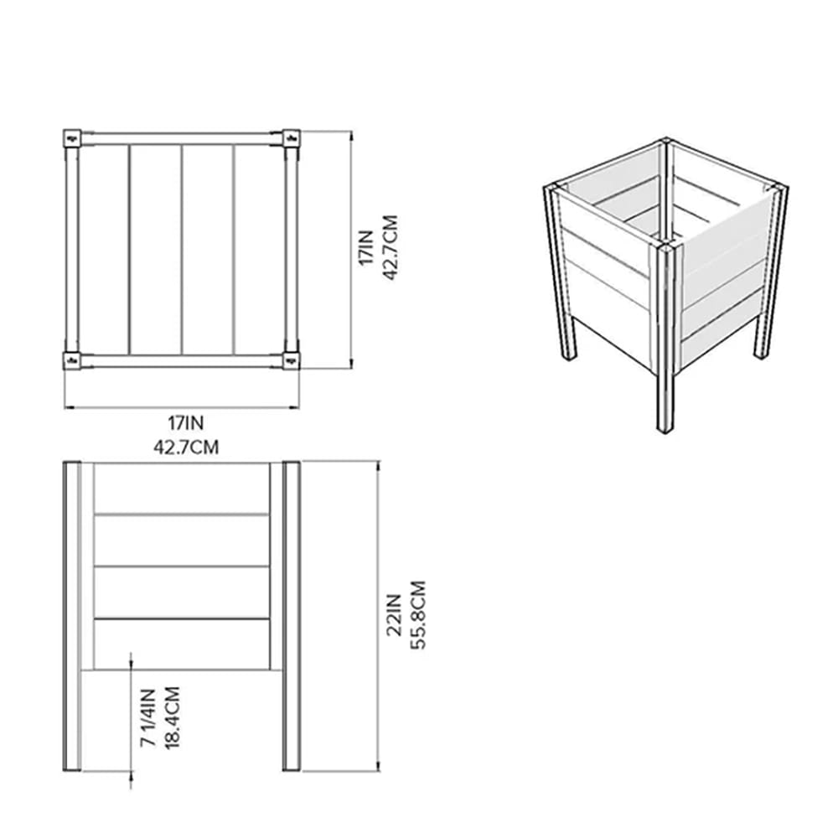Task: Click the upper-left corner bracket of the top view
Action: point(72,137)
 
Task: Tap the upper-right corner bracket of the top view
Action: point(291,137)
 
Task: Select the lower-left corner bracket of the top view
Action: point(72,360)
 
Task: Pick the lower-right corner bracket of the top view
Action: point(291,360)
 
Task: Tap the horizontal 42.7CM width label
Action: point(185,447)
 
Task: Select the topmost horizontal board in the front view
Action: point(181,488)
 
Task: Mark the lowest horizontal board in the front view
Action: point(181,644)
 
